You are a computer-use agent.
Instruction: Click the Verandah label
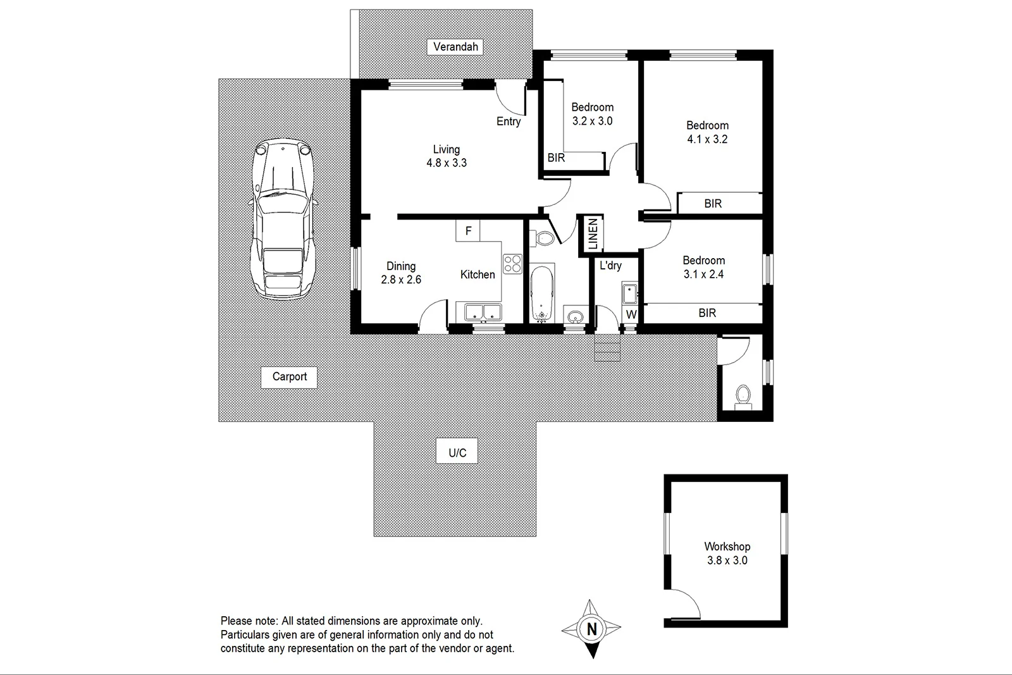point(455,47)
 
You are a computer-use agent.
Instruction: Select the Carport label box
point(289,377)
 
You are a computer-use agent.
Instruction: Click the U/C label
point(457,453)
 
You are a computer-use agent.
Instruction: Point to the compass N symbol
point(591,629)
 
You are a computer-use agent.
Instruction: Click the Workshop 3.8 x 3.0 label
point(727,553)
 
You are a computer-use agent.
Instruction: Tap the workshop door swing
point(684,601)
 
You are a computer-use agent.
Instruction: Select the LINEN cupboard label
point(593,233)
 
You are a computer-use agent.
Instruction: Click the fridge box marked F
point(468,231)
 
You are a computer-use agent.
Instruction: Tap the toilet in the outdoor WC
point(743,396)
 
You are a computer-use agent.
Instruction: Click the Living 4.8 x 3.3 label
point(446,156)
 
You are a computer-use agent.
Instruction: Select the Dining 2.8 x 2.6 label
point(401,273)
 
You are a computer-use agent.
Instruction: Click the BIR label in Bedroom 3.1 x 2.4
point(707,313)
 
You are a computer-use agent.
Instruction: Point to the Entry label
point(509,121)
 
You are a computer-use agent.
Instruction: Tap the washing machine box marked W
point(631,314)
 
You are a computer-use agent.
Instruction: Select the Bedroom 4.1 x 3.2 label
point(707,132)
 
